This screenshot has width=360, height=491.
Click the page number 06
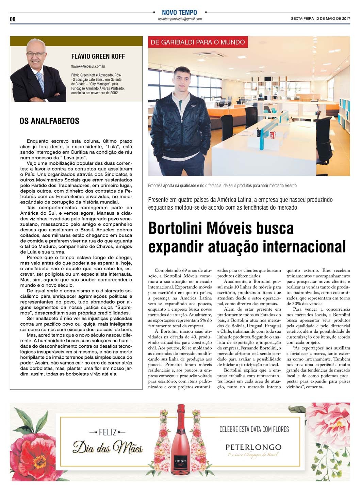[13, 19]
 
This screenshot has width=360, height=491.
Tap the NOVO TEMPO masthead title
[179, 12]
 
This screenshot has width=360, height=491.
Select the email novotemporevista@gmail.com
[180, 19]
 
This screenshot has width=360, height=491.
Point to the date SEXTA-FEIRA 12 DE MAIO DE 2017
[321, 19]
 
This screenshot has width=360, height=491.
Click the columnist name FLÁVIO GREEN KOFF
[98, 56]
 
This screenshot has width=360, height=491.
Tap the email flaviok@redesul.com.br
[88, 66]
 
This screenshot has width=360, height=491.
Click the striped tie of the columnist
[40, 82]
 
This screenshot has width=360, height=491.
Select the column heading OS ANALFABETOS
[49, 121]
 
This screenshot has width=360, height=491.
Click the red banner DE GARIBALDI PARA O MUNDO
[197, 42]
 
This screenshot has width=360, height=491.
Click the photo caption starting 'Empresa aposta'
[222, 186]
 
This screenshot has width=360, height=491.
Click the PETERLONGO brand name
[253, 447]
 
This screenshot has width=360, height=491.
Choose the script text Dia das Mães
[108, 447]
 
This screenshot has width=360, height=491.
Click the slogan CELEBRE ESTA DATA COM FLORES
[254, 429]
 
